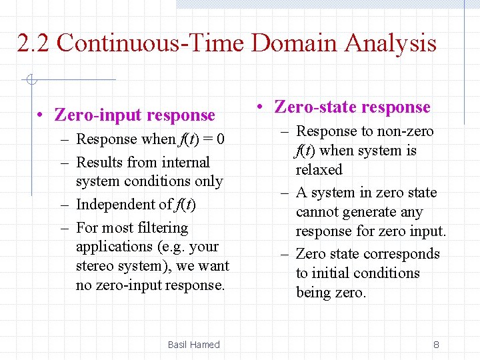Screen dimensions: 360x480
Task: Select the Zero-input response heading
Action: point(135,115)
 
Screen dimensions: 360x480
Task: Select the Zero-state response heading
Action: point(352,107)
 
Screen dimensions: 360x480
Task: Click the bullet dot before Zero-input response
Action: point(41,116)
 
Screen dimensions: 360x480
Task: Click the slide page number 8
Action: point(436,345)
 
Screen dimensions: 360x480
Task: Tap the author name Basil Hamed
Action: point(193,345)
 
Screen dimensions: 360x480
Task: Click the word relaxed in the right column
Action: point(319,170)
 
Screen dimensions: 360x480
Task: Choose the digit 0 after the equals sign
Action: point(220,140)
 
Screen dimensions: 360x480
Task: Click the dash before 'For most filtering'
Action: point(64,228)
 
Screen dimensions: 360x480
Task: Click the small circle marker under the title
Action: point(31,81)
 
